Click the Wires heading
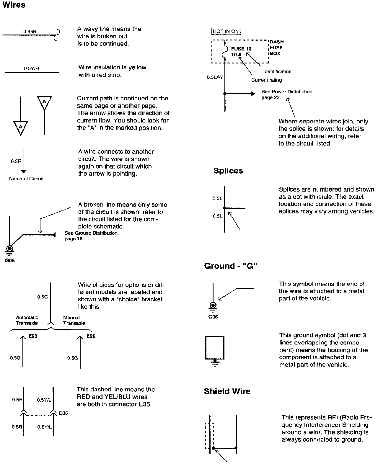pos(14,5)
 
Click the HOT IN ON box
pos(226,31)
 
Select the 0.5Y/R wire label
pos(32,69)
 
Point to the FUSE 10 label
pos(241,49)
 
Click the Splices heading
pos(228,171)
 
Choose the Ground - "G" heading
pos(230,266)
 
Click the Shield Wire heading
pos(227,391)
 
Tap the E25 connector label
pos(32,336)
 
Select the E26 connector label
pos(91,336)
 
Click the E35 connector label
pos(63,413)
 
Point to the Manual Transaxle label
pos(74,320)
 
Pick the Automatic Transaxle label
pos(27,320)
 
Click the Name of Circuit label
pos(26,179)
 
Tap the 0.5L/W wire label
pos(215,77)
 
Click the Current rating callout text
pos(266,80)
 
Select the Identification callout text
pos(277,71)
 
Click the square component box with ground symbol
pos(215,347)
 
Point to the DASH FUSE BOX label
pos(276,48)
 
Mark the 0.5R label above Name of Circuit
pos(16,161)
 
